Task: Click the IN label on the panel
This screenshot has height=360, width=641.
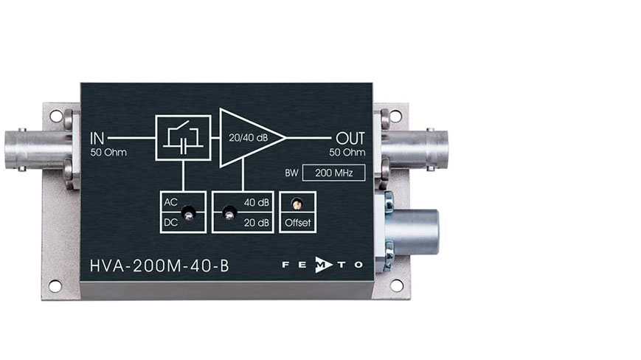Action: tap(97, 139)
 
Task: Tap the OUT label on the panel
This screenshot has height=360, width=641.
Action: tap(350, 139)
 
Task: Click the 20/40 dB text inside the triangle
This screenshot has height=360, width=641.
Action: tap(248, 138)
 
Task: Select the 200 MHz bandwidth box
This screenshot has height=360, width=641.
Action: tap(333, 173)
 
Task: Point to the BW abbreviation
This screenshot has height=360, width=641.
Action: tap(291, 173)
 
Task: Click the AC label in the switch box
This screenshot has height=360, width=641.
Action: tap(170, 202)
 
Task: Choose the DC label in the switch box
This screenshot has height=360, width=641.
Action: tap(170, 223)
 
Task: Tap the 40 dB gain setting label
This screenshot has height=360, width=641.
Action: tap(256, 202)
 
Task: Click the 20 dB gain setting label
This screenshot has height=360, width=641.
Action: tap(256, 223)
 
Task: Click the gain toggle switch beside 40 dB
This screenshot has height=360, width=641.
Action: tap(229, 214)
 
